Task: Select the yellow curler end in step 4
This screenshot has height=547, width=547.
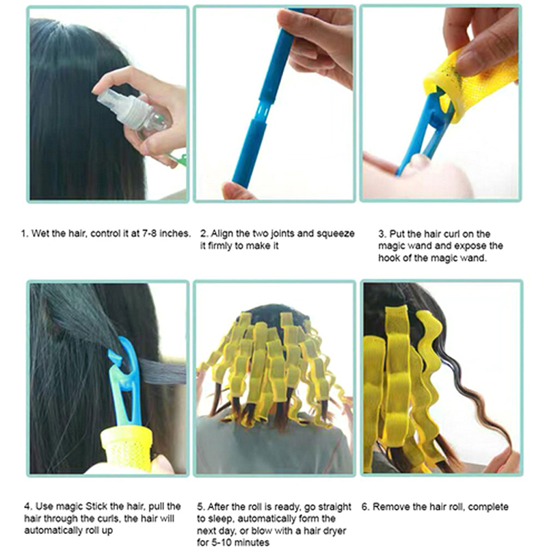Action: (126, 449)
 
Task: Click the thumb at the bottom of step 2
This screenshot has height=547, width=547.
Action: (237, 191)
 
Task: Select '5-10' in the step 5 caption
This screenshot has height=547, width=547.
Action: (222, 542)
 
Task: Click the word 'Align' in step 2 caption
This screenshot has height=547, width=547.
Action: (222, 234)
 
